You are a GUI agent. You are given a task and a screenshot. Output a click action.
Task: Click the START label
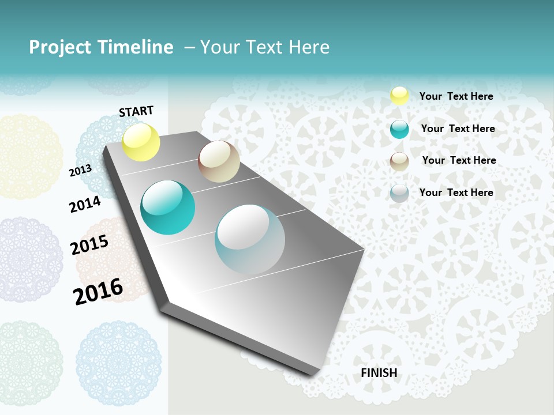(136, 111)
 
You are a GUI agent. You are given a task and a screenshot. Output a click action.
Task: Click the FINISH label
(379, 373)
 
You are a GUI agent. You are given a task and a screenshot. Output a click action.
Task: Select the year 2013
(80, 171)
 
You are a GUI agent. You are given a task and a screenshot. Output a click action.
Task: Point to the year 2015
(89, 245)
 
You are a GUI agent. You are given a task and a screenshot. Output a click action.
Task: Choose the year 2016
(98, 292)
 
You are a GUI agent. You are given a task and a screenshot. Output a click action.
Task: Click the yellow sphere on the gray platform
(141, 142)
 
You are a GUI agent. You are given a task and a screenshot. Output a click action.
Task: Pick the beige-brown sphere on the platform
(219, 161)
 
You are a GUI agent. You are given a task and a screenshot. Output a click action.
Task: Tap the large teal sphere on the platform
(168, 207)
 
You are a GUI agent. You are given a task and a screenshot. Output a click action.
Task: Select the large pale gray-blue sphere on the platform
(250, 239)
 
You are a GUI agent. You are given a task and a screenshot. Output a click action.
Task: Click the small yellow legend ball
(399, 96)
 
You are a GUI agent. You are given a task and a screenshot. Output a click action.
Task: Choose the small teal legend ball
(399, 129)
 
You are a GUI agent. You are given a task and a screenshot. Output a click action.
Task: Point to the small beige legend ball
(399, 161)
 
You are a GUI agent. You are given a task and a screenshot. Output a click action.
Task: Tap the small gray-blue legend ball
(399, 193)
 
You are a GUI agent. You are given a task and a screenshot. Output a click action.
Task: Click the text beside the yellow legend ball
(456, 96)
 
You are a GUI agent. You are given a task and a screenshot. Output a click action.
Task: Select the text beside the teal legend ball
(458, 129)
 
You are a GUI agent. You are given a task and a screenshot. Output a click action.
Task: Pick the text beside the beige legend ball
(459, 160)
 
